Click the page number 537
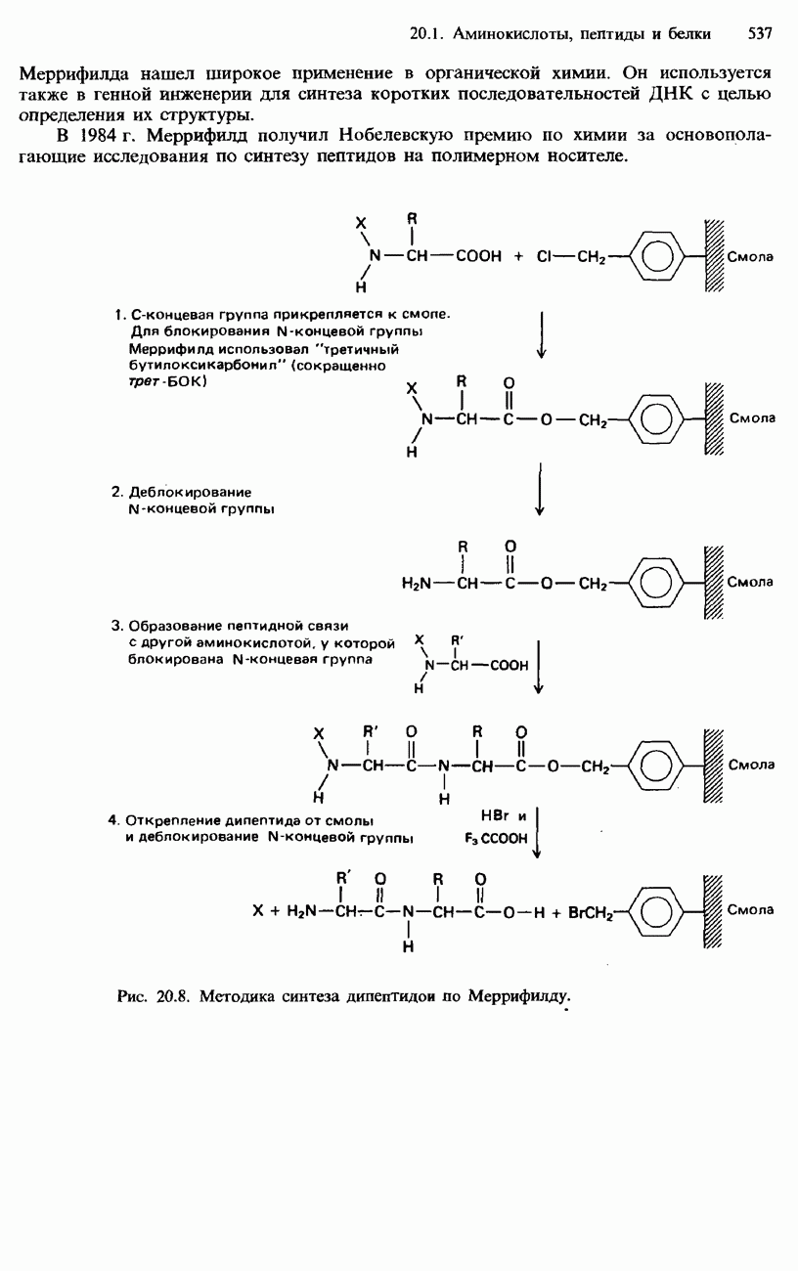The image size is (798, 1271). coord(760,34)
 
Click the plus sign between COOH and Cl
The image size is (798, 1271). coord(517,256)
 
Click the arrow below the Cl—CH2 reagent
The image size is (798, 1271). coord(541,333)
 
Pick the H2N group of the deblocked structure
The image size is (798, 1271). coord(418,585)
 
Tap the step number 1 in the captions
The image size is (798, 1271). coord(117,314)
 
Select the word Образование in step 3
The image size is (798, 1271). coord(177,626)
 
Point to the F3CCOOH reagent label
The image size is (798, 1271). coord(496,838)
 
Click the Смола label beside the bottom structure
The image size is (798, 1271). coord(750,909)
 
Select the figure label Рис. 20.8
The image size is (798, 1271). coord(151,996)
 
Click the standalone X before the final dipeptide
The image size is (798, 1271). coord(258,909)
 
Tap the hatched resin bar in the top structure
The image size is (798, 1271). coord(711,256)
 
